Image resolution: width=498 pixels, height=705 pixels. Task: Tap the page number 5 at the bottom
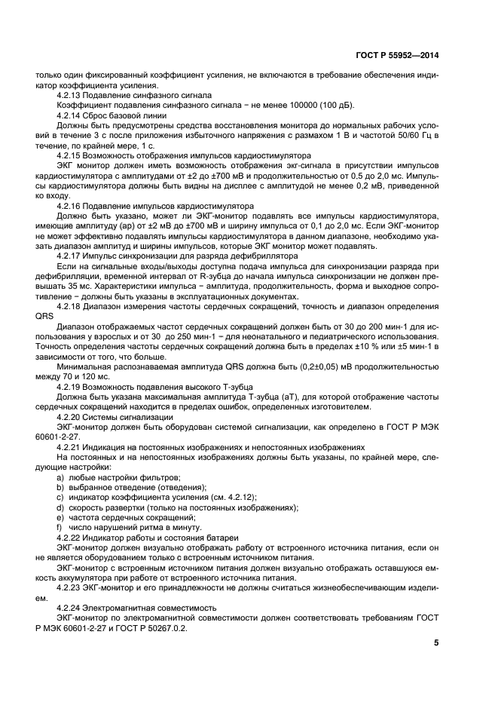pyautogui.click(x=437, y=642)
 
